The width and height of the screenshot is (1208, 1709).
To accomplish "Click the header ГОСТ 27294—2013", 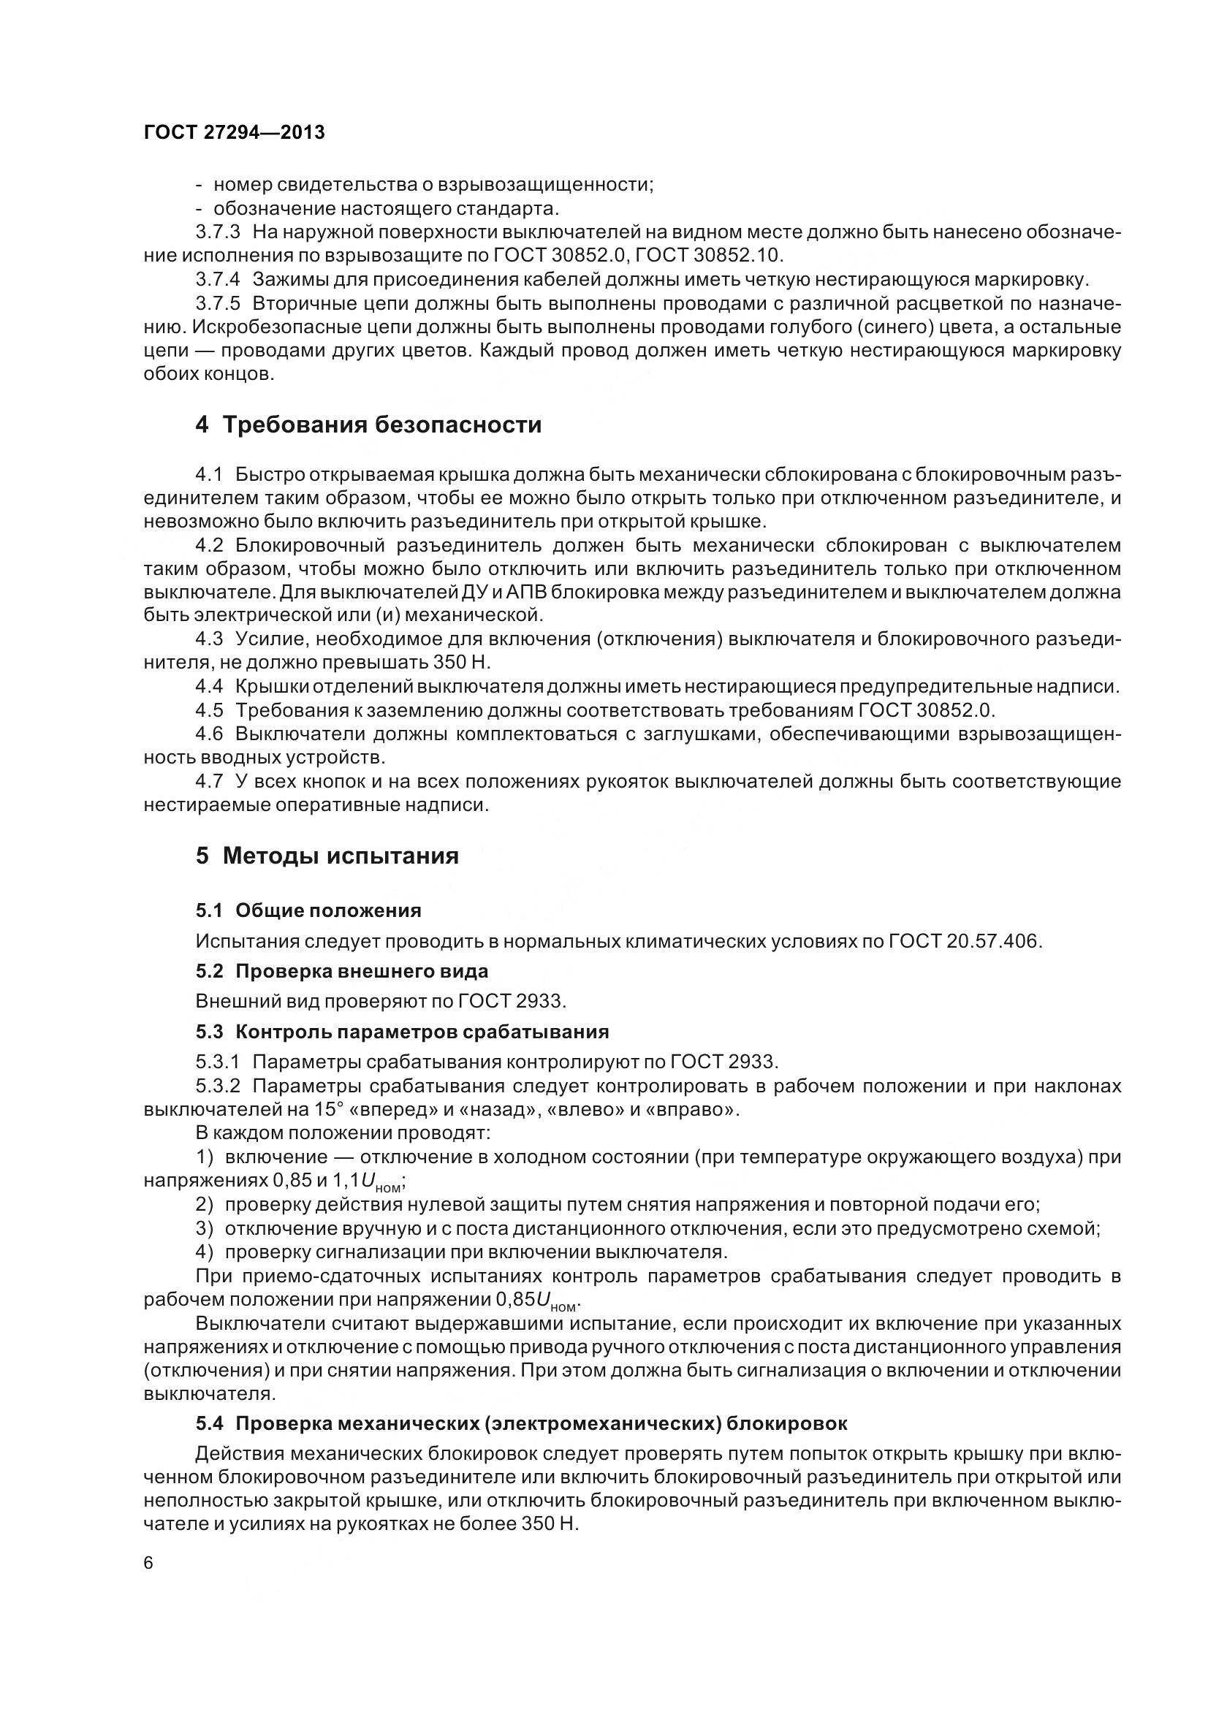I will (234, 132).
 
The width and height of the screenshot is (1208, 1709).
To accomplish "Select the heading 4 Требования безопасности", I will (368, 425).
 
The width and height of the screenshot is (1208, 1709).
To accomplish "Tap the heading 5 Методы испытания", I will (327, 856).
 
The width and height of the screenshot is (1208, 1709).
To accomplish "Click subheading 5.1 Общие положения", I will (308, 910).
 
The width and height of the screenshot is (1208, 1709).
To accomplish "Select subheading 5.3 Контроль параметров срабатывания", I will (402, 1032).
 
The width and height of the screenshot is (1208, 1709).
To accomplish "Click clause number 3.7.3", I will (217, 232).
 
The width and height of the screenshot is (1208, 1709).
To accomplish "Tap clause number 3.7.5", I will (217, 304).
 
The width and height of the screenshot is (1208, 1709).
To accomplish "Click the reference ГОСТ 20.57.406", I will (964, 941).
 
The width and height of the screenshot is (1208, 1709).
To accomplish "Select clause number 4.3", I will (209, 639).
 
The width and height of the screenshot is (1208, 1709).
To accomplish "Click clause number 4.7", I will (209, 782).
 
